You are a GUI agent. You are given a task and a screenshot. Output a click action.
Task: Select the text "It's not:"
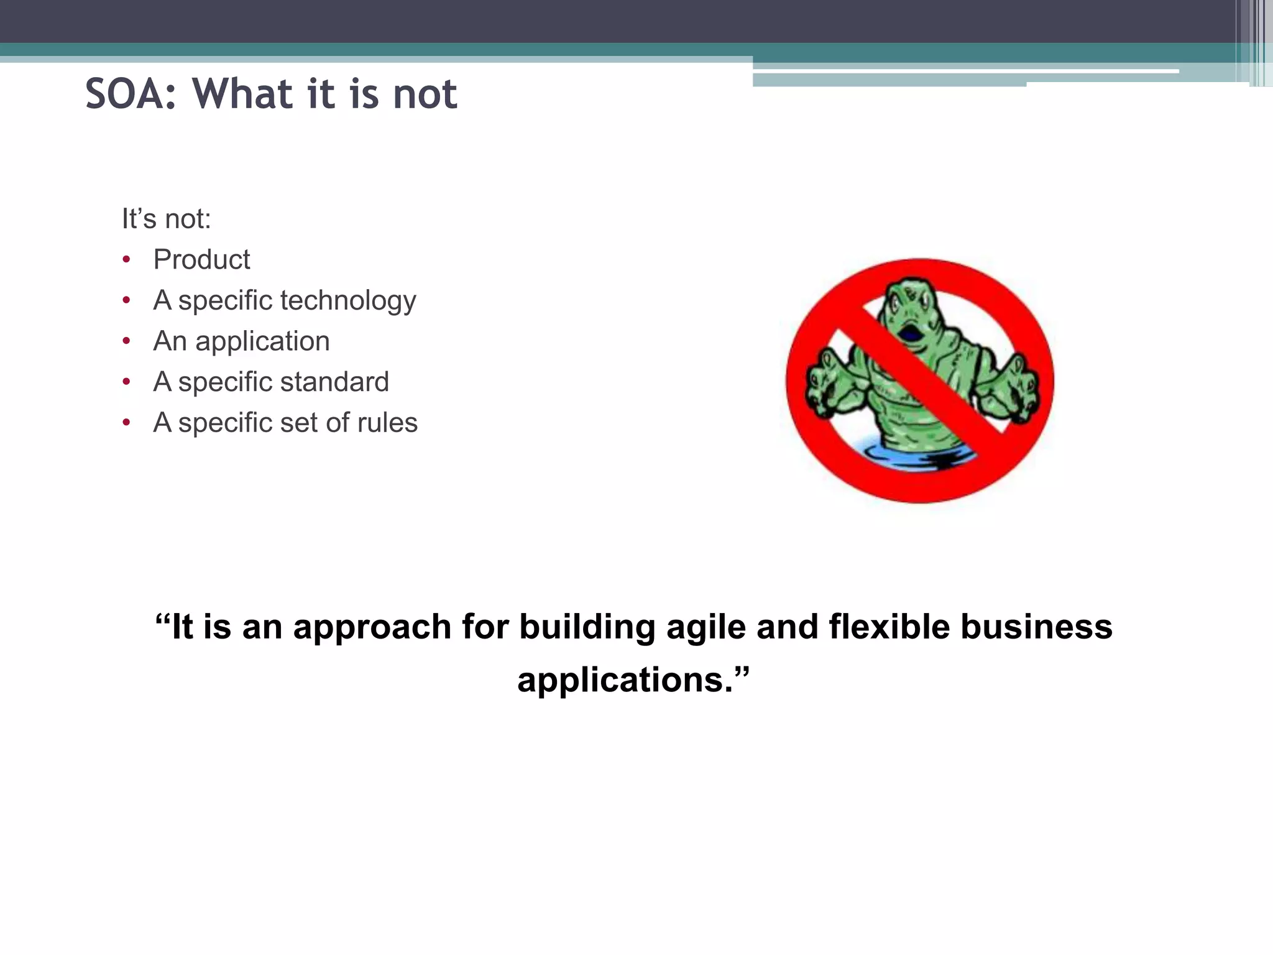[167, 219]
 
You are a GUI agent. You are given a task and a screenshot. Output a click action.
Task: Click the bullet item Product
[201, 259]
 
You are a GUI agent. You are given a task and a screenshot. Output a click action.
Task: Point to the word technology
[348, 301]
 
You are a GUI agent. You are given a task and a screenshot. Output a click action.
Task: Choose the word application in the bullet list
[262, 341]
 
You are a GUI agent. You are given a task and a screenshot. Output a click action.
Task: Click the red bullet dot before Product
[127, 260]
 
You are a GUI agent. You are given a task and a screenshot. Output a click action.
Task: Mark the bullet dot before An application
[127, 341]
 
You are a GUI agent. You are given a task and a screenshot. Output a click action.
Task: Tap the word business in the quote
[1036, 627]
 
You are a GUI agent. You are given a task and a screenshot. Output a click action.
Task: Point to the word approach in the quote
[372, 627]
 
